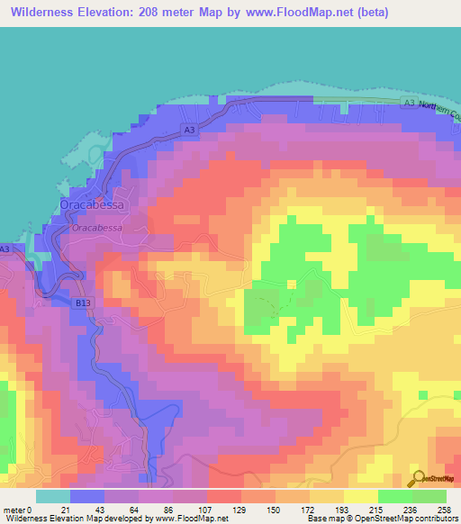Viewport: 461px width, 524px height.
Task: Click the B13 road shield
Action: point(82,303)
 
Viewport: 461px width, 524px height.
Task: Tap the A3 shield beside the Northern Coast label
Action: point(410,104)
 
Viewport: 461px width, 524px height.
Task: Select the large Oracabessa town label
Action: point(93,205)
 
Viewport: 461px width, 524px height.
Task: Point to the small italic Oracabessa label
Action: point(96,228)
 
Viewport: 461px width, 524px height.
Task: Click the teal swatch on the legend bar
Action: point(53,496)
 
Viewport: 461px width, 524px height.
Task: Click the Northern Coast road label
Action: point(439,106)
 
